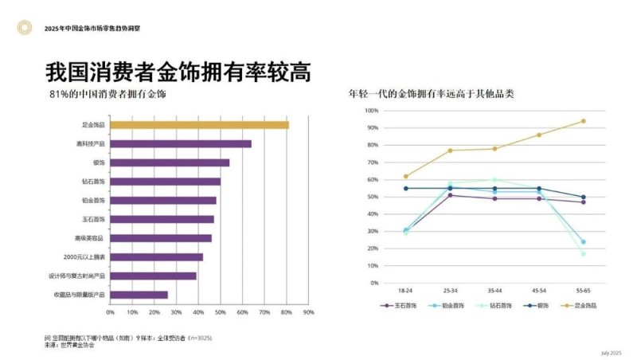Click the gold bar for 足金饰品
coord(199,125)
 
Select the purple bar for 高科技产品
coord(180,144)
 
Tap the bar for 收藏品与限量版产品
coord(139,295)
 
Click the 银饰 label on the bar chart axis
coord(99,162)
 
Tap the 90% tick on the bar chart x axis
coord(309,312)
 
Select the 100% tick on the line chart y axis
coord(371,111)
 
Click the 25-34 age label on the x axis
coord(450,292)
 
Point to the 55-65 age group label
coord(583,292)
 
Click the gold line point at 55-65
coord(583,121)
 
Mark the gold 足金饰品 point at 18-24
coord(405,176)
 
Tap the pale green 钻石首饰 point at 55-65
coord(583,254)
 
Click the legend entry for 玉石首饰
coord(401,305)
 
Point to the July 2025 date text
coord(611,352)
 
